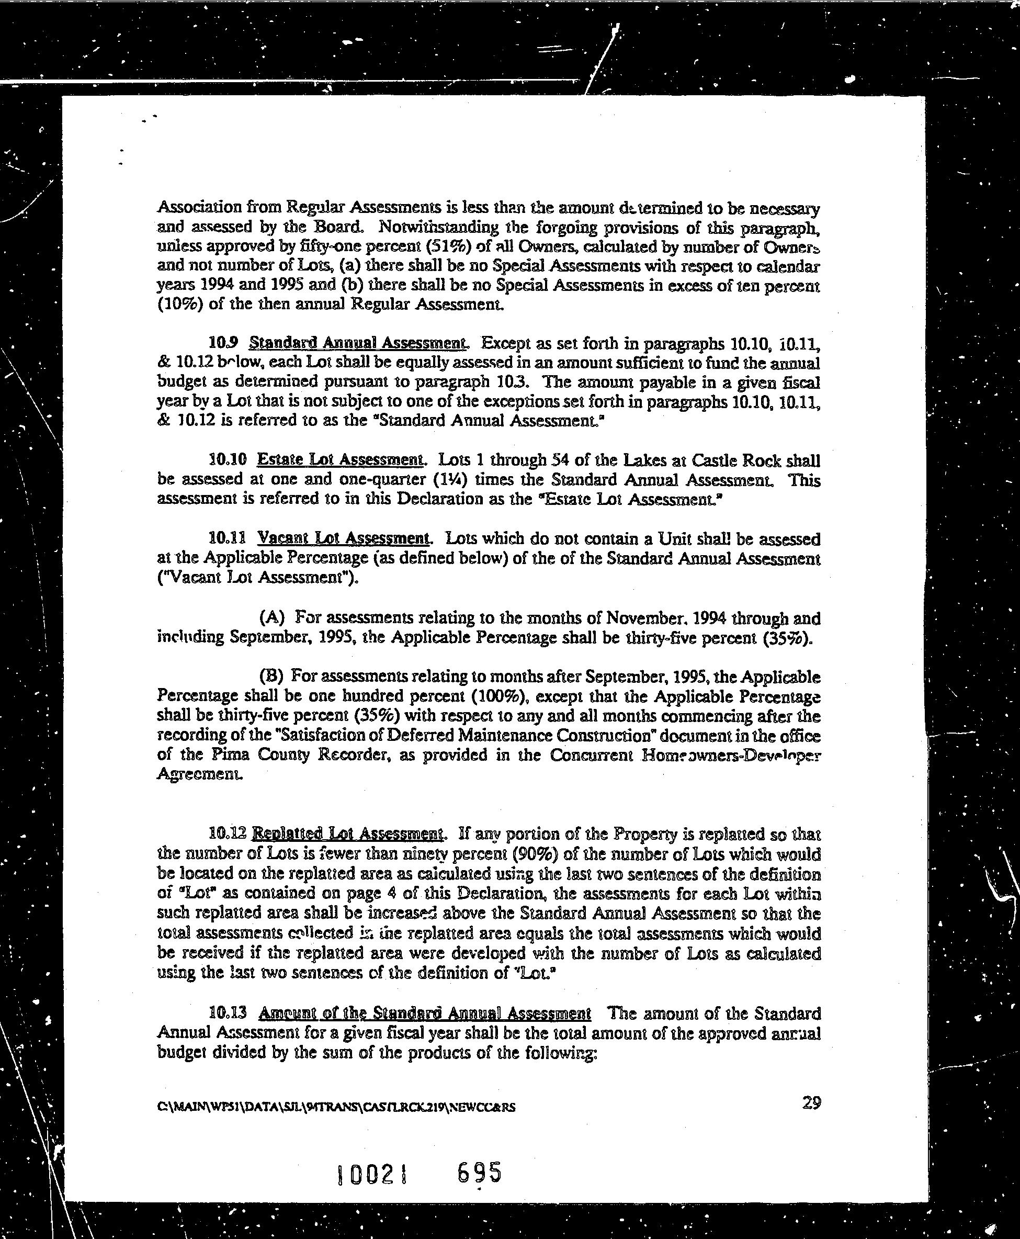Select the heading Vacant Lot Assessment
point(344,538)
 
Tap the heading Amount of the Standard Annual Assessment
point(425,1013)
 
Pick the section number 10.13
point(226,1014)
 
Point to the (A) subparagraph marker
point(272,617)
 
